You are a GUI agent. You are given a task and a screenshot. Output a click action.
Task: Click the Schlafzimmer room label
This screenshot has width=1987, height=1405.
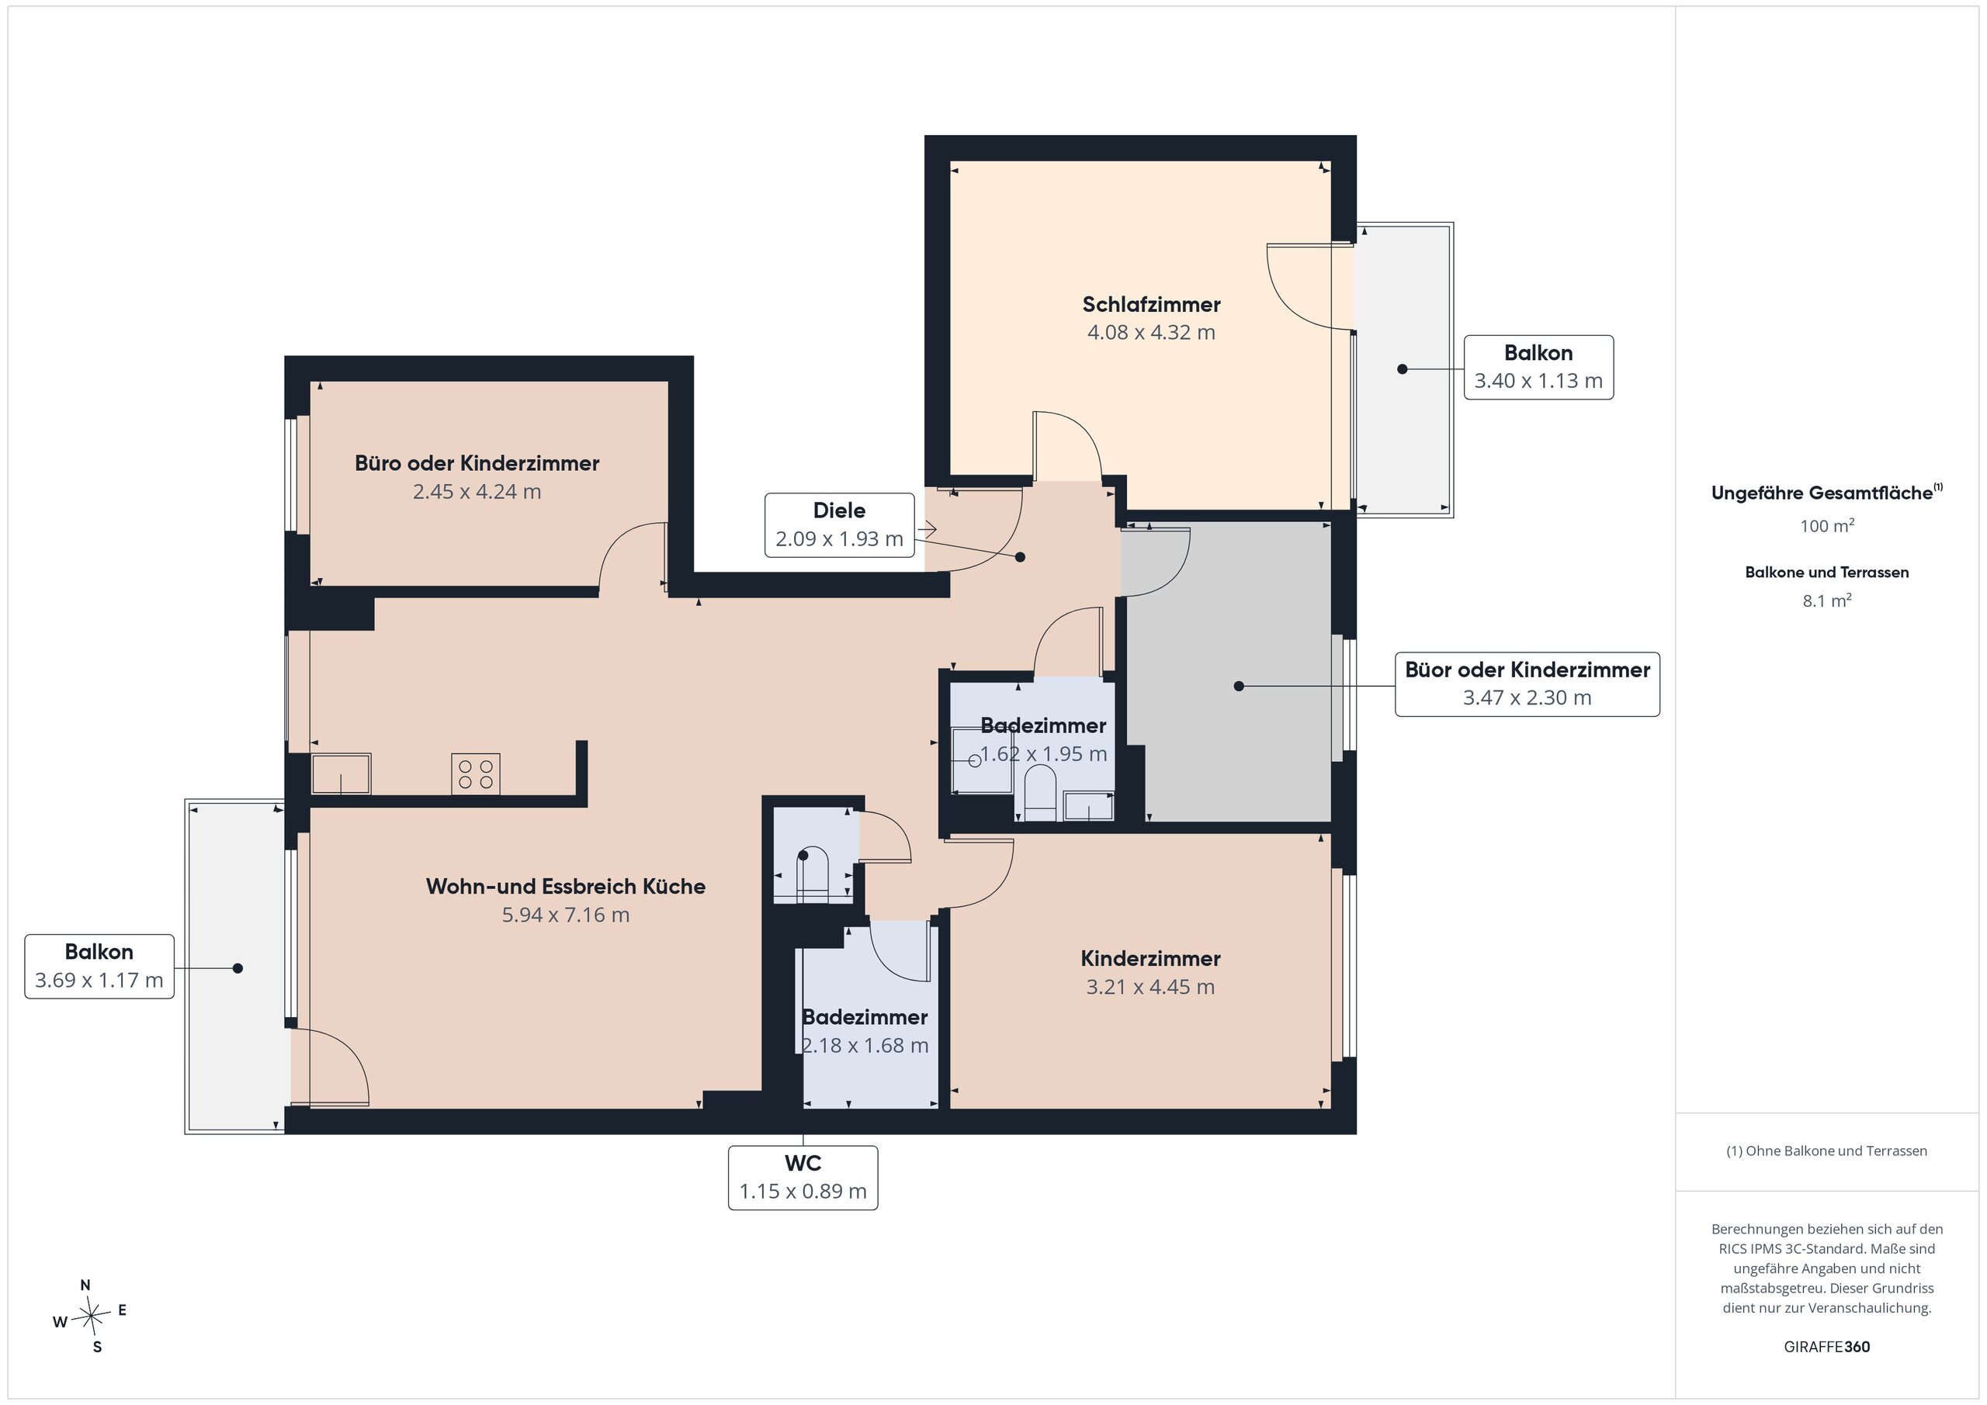click(1151, 305)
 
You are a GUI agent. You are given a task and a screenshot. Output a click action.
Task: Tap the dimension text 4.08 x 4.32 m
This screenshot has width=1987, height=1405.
click(1151, 332)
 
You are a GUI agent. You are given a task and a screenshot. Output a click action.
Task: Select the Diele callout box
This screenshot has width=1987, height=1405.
click(840, 525)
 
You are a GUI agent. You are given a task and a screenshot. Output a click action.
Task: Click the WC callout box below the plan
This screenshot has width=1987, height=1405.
click(803, 1178)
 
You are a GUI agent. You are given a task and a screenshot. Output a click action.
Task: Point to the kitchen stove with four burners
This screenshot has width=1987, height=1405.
click(475, 773)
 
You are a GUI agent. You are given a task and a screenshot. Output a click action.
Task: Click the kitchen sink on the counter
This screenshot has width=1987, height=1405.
click(341, 773)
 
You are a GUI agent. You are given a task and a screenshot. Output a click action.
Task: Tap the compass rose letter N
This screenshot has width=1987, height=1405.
click(85, 1285)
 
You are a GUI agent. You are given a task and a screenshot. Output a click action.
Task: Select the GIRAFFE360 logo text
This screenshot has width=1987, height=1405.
click(1827, 1347)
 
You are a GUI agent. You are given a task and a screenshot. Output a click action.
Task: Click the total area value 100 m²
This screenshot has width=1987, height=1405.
click(1827, 525)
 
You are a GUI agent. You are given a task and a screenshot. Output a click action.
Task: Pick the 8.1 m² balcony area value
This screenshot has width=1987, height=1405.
click(1827, 600)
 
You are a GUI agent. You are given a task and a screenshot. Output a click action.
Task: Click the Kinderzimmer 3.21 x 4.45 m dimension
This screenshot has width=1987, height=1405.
click(1150, 987)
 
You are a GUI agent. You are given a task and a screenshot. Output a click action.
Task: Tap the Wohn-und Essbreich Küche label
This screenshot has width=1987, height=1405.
click(566, 886)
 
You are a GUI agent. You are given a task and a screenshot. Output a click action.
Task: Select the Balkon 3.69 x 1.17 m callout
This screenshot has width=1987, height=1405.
click(99, 967)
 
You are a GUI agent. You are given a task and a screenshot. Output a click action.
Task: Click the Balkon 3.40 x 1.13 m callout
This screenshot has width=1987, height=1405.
click(1538, 367)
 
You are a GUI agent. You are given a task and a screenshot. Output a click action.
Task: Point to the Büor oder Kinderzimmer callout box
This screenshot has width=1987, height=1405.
click(1528, 684)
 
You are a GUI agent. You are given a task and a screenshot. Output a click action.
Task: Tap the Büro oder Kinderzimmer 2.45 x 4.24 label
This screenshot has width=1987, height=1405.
click(477, 476)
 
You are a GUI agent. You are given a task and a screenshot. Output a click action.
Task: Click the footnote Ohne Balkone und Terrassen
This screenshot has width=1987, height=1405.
click(1827, 1151)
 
